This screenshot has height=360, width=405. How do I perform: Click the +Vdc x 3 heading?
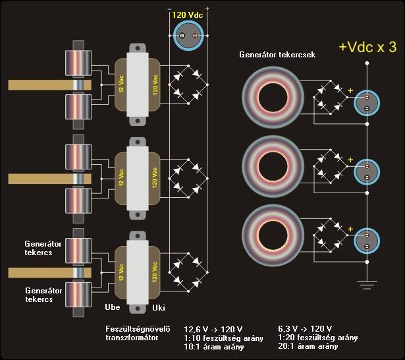tap(367, 47)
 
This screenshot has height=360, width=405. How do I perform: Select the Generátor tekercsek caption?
tap(277, 55)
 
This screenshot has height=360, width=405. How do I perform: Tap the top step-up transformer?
tap(138, 84)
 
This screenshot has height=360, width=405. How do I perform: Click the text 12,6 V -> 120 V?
tap(204, 328)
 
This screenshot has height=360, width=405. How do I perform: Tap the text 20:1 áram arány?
tap(308, 347)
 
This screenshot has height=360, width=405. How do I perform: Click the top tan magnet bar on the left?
tap(40, 85)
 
